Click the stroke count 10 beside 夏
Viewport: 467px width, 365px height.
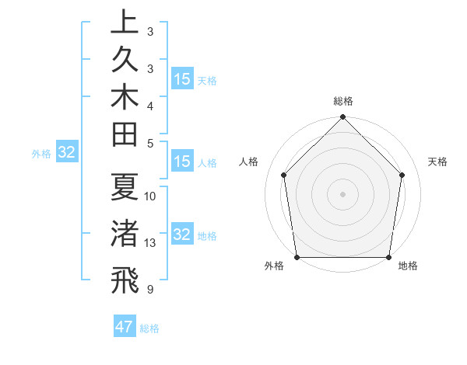point(150,196)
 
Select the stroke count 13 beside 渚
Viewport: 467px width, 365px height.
point(150,243)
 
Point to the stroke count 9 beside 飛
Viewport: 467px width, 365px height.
point(150,290)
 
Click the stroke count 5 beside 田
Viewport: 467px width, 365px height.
point(150,143)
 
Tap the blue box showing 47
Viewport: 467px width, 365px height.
point(125,327)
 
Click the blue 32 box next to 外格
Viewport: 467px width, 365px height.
point(67,153)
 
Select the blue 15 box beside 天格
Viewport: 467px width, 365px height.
point(182,79)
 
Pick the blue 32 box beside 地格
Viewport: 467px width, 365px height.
point(182,235)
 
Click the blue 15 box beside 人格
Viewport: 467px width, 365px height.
point(182,162)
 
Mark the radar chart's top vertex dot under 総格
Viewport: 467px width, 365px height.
point(342,118)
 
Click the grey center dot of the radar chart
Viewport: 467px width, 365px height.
point(342,193)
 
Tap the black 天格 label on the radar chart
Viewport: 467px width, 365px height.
point(437,162)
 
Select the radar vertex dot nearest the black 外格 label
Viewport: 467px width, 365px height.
point(297,257)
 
